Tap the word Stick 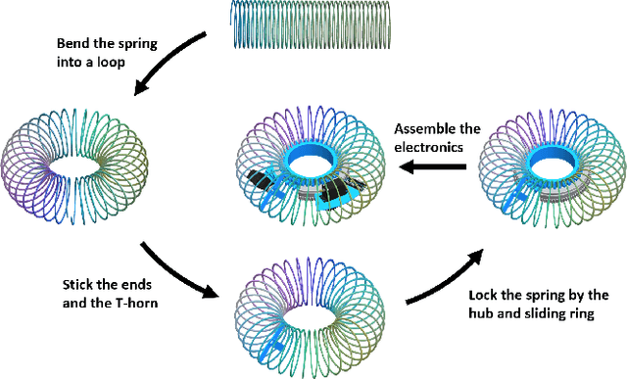72,284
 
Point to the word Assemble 422,128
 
